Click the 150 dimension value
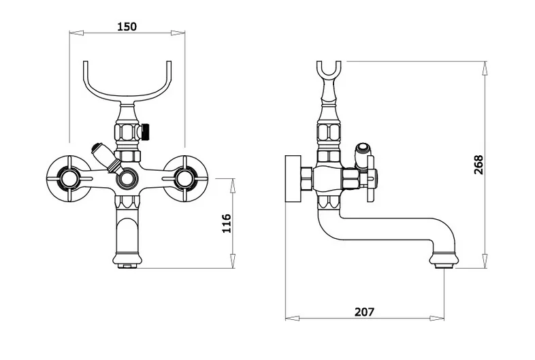(127, 27)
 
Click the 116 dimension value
(227, 223)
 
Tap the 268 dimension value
(479, 165)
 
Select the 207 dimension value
(364, 312)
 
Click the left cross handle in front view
(69, 179)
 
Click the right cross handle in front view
(184, 179)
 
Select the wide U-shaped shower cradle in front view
(127, 99)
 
